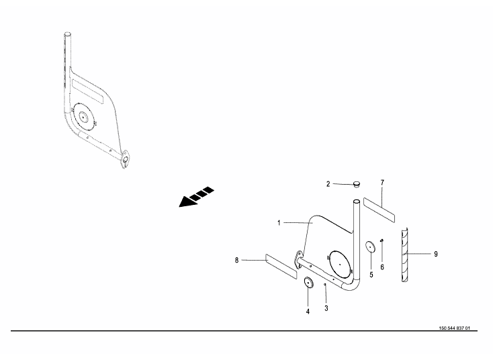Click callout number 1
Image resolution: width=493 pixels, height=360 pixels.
(x=278, y=222)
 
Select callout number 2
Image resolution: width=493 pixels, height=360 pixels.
(x=328, y=183)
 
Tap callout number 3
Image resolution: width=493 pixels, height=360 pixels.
(x=326, y=308)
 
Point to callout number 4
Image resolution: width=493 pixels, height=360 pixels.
(x=308, y=311)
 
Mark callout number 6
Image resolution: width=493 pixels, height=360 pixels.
(x=382, y=267)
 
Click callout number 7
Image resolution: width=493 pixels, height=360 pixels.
(x=382, y=183)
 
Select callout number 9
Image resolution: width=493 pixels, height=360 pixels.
(x=435, y=254)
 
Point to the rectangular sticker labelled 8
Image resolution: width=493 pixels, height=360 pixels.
(x=281, y=265)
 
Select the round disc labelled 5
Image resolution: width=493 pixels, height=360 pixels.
(x=370, y=246)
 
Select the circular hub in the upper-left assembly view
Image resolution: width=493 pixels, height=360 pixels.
(x=84, y=117)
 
